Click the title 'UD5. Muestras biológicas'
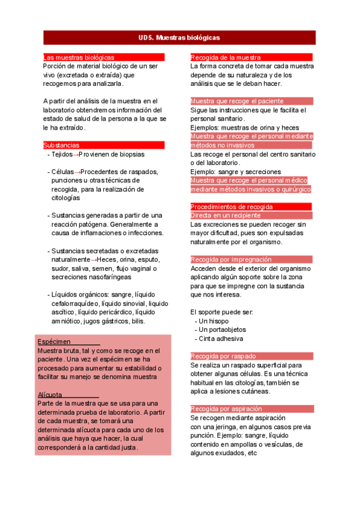click(x=179, y=37)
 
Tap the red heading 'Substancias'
click(x=61, y=145)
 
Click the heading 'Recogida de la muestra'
click(x=226, y=57)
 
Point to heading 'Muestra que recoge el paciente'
click(x=237, y=101)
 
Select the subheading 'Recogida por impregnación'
click(x=231, y=259)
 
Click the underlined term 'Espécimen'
click(x=55, y=342)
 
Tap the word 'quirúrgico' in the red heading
click(x=289, y=189)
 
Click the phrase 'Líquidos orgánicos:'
click(x=80, y=294)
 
